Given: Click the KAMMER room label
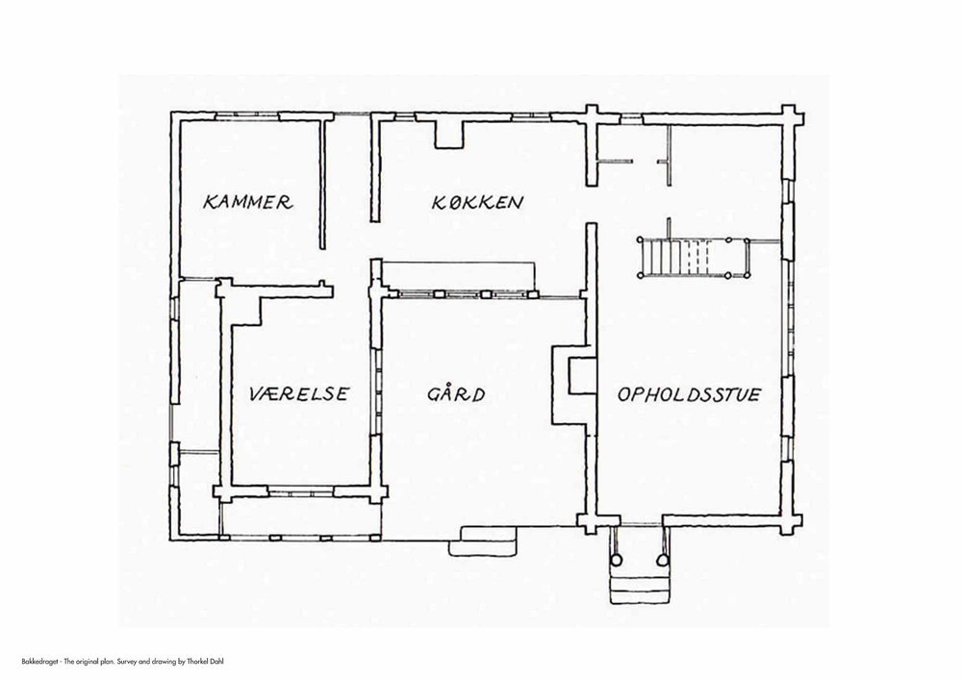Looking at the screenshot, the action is click(x=248, y=202).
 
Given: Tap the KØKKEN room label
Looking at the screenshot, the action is click(x=477, y=202).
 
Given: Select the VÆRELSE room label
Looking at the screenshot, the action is click(x=299, y=393).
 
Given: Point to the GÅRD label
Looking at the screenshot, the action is click(x=456, y=393).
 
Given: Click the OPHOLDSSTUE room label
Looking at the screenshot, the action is click(x=689, y=393).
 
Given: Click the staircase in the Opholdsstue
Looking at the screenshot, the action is click(x=694, y=259).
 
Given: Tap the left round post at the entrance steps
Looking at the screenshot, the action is click(x=616, y=560).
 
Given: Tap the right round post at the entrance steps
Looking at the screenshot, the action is click(x=662, y=560).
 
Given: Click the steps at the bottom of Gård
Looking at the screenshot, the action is click(x=485, y=541).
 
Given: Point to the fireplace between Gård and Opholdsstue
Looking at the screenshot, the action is click(x=574, y=385).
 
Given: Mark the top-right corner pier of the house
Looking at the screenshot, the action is click(x=792, y=115).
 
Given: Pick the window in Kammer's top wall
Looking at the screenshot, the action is click(x=247, y=115).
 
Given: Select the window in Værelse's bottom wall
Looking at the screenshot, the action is click(x=300, y=492).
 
